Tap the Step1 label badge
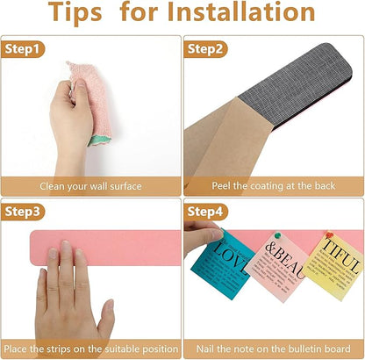(x=25, y=49)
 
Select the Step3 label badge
(x=25, y=211)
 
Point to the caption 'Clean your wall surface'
(x=90, y=186)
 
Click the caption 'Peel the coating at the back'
(x=273, y=186)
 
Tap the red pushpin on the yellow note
(x=329, y=235)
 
